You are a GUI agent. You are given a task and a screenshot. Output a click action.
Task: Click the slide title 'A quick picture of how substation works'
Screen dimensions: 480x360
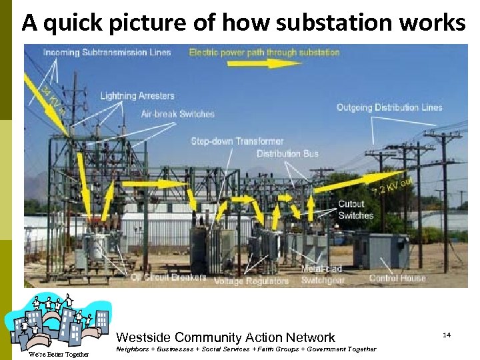pos(243,23)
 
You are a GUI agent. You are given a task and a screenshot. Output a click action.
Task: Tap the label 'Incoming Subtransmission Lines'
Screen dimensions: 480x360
pos(107,52)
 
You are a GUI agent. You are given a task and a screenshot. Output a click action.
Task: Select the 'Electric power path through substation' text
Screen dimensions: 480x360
pos(264,52)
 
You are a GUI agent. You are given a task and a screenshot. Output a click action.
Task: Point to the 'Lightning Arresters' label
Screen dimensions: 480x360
pos(137,96)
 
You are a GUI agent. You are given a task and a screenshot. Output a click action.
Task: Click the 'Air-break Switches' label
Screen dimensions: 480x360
pos(178,114)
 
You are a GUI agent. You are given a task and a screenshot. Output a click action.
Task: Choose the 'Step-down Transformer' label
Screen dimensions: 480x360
pos(237,141)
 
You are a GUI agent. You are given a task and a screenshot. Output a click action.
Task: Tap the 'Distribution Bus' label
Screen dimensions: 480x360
pos(287,154)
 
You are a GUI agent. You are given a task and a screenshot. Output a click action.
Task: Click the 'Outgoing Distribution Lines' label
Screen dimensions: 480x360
pos(389,107)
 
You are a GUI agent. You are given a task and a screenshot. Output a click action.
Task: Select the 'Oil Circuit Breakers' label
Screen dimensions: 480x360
pos(169,277)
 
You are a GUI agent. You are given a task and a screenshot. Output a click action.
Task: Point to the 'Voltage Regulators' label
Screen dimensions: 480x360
pos(251,281)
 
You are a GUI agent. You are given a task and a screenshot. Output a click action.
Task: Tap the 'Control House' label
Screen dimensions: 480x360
pos(397,278)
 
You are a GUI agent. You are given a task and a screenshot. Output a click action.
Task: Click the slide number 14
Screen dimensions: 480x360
pos(447,334)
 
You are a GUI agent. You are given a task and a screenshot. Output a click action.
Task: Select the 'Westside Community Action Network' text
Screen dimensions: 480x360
pos(225,338)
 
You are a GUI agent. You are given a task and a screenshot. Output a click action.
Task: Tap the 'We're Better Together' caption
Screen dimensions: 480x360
pos(58,354)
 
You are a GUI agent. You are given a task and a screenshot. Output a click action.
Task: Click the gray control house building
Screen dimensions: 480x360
pos(381,249)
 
